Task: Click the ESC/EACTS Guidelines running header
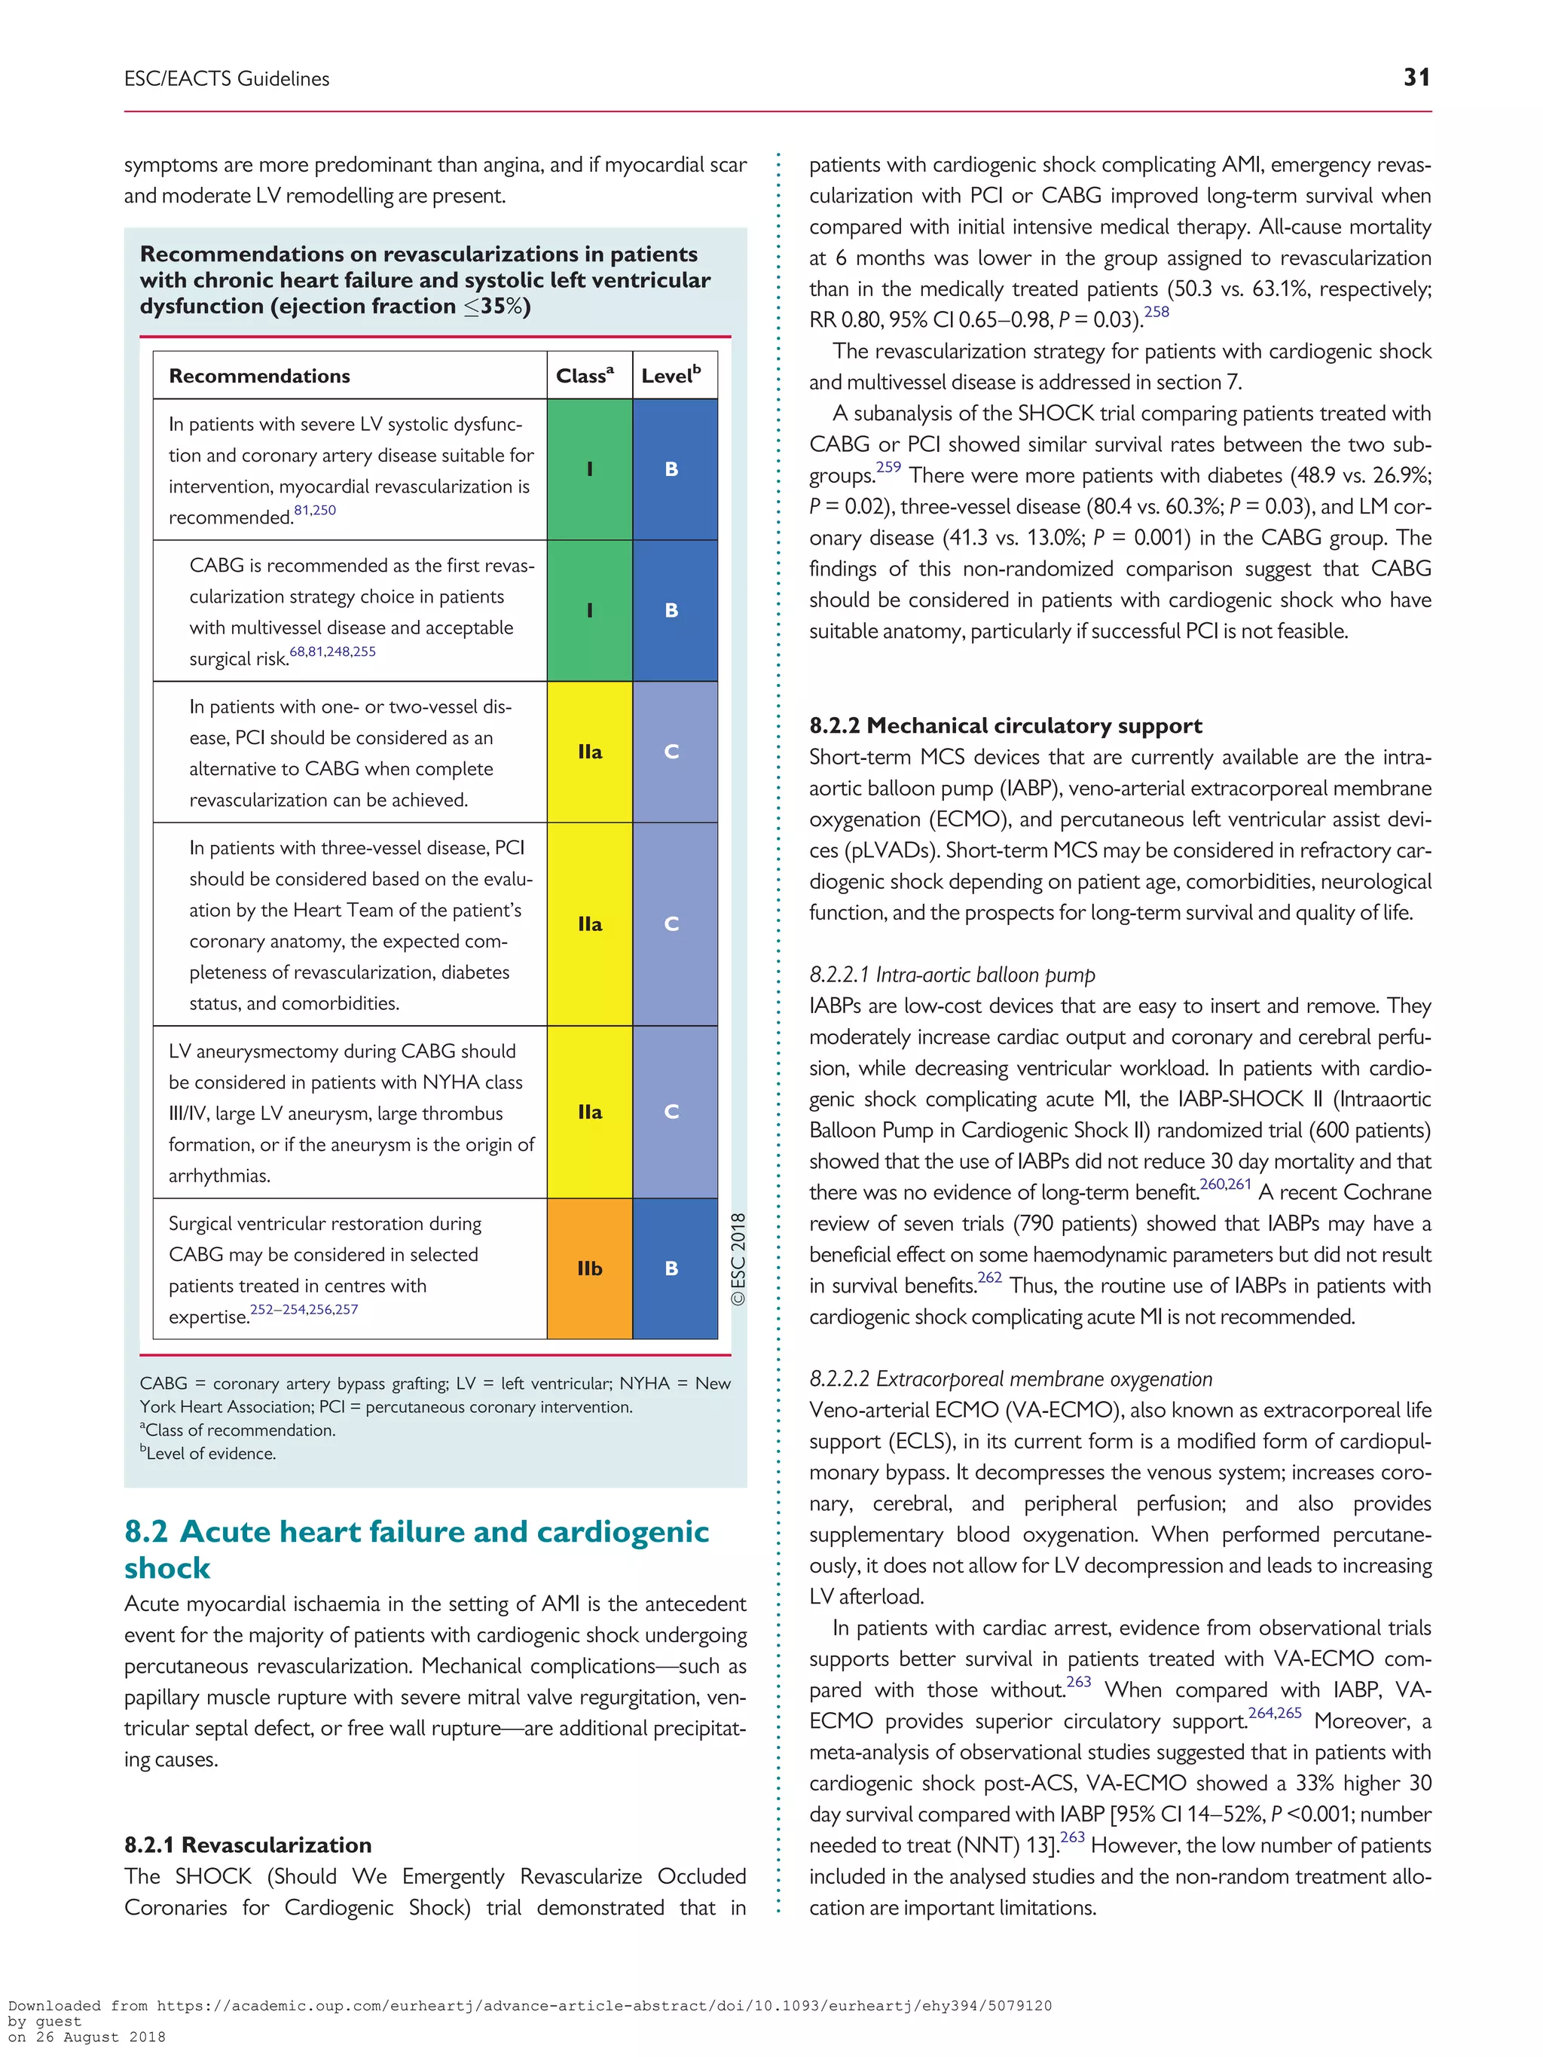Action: tap(227, 79)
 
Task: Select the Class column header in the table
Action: tap(585, 376)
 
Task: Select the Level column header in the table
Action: tap(671, 376)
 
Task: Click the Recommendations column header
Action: tap(259, 376)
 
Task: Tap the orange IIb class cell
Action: tap(590, 1268)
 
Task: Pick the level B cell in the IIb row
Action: tap(671, 1268)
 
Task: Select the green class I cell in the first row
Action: tap(590, 468)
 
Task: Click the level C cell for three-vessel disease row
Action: tap(671, 923)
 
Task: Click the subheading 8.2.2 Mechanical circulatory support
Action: tap(1004, 725)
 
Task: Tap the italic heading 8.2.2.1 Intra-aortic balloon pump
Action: tap(952, 975)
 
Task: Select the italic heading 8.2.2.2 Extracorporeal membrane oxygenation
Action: tap(1010, 1379)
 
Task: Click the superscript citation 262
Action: tap(989, 1277)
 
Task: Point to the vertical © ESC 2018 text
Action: tap(738, 1259)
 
